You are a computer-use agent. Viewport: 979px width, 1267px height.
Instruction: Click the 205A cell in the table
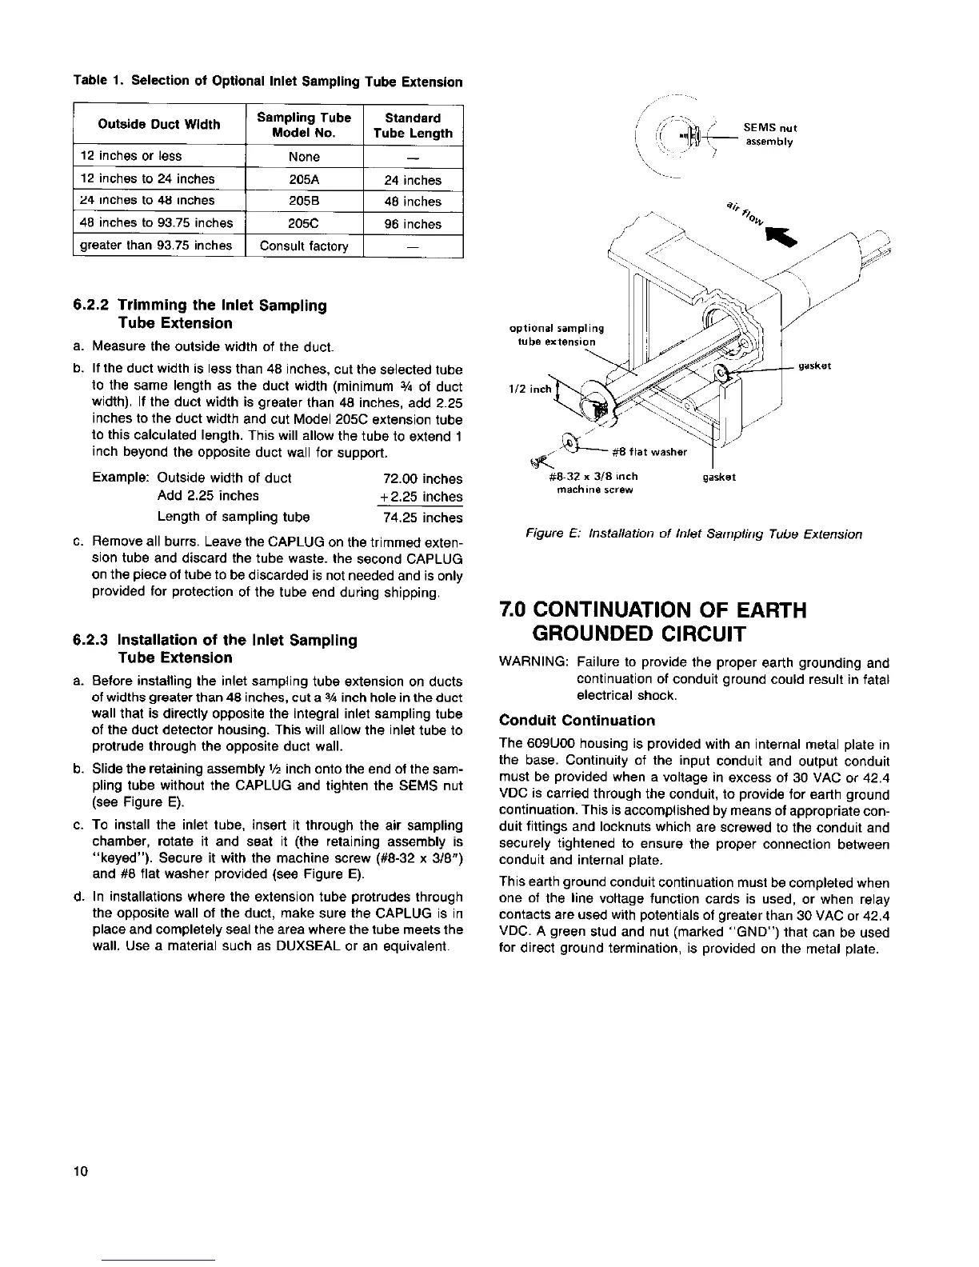(304, 180)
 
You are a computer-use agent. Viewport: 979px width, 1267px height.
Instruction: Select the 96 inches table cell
(413, 224)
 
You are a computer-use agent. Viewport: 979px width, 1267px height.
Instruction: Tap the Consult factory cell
(304, 246)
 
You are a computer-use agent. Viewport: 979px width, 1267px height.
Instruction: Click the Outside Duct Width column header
(158, 124)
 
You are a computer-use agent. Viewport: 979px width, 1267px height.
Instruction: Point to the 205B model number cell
(304, 202)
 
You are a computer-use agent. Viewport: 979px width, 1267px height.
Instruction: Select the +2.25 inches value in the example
(421, 498)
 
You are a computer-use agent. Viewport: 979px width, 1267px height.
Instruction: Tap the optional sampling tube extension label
(557, 334)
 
